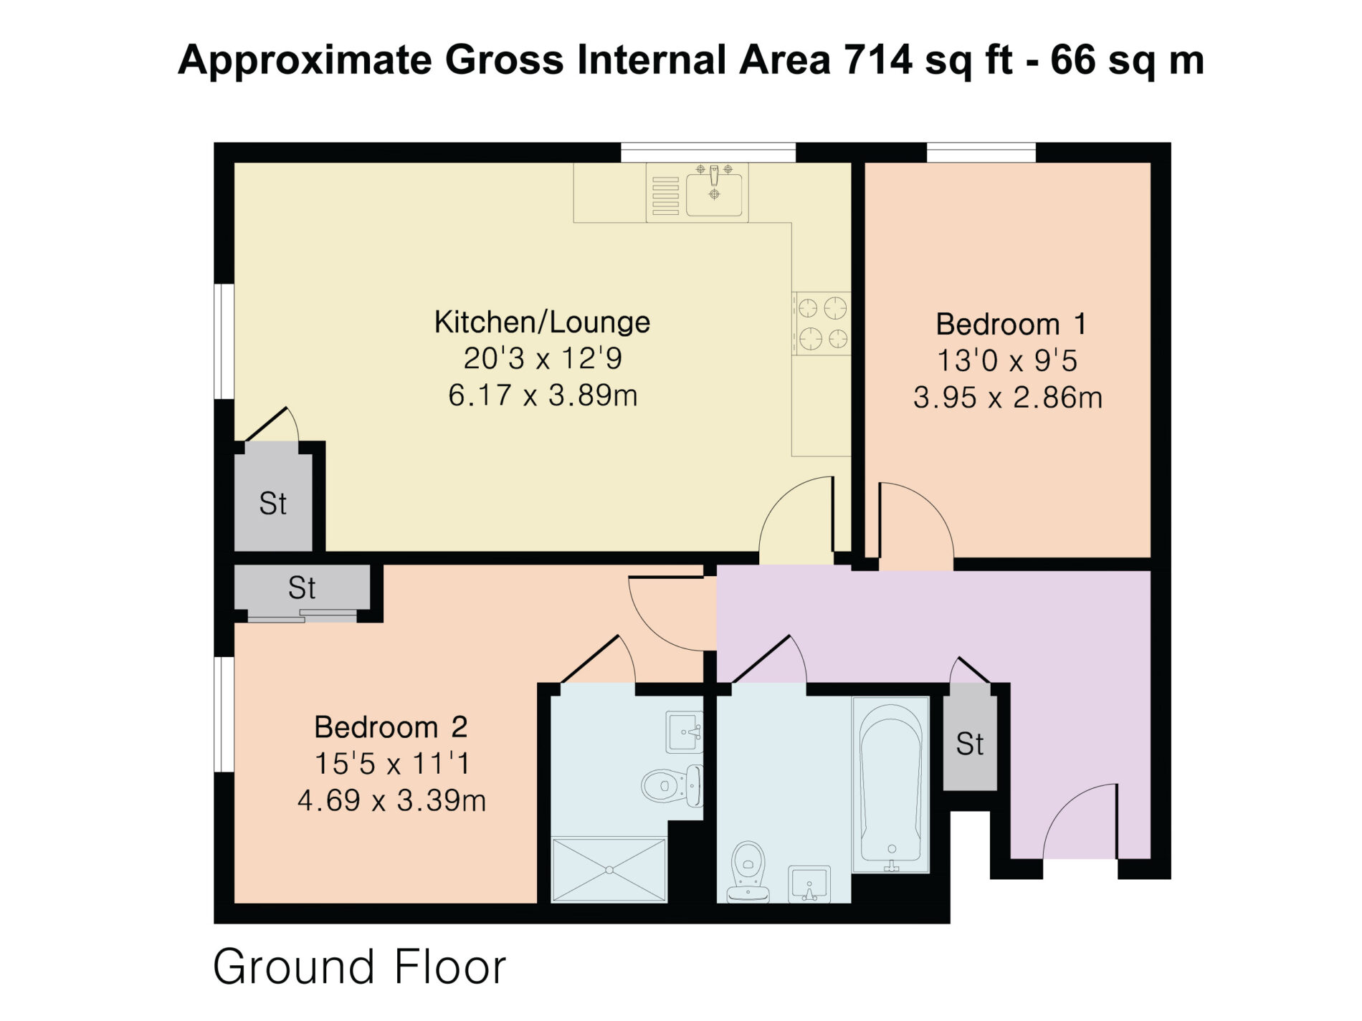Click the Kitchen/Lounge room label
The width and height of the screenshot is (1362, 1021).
click(542, 322)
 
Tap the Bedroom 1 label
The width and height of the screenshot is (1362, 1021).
click(1011, 325)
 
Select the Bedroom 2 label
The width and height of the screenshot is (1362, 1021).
click(391, 727)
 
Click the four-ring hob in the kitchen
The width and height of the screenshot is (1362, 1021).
click(822, 324)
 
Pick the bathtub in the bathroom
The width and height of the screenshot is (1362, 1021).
click(890, 785)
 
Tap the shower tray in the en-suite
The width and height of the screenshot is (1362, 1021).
click(609, 870)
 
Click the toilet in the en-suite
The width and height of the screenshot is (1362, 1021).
click(672, 785)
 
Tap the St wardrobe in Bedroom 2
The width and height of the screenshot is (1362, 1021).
click(303, 588)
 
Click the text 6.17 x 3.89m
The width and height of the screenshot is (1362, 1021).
click(543, 396)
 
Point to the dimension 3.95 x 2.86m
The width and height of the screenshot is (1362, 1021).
click(1008, 398)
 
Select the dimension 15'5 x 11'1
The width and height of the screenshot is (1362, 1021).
click(392, 764)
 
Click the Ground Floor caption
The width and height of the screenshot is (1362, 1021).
click(360, 967)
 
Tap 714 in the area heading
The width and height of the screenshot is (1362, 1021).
click(878, 59)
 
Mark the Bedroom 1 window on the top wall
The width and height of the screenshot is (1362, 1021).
click(981, 153)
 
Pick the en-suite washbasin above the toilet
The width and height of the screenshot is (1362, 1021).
click(685, 732)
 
